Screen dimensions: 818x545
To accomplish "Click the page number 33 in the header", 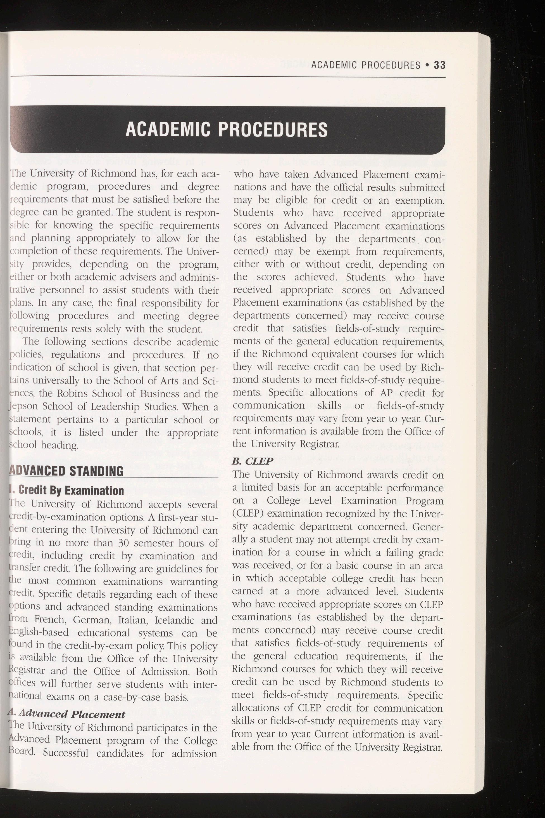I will [440, 65].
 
